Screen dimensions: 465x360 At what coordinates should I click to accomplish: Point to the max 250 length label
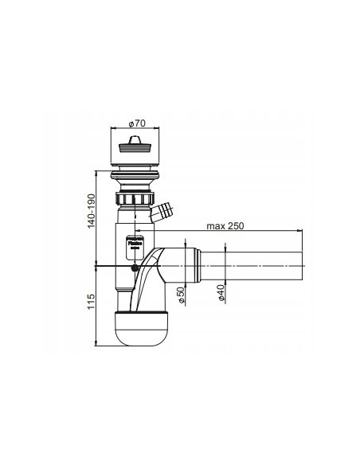point(225,225)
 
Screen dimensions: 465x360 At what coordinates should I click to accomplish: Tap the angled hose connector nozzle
point(165,213)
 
